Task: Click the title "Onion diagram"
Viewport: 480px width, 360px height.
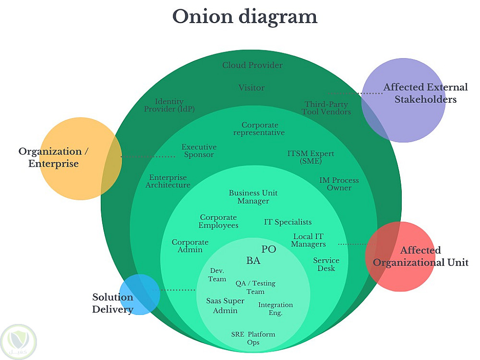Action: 245,17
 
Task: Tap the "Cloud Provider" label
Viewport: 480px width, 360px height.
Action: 252,65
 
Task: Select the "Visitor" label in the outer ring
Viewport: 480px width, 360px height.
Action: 252,88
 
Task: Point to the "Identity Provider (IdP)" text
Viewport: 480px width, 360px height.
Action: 169,105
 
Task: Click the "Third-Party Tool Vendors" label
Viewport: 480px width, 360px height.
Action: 326,108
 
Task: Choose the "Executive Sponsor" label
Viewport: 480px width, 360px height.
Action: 199,151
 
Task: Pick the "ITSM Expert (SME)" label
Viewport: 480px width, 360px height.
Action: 311,157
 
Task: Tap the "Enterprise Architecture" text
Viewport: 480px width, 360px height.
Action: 168,181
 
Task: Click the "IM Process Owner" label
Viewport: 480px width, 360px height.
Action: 339,184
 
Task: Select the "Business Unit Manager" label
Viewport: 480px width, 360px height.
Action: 253,197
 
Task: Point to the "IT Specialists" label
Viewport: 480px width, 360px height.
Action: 288,222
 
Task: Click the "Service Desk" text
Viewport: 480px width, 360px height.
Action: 326,264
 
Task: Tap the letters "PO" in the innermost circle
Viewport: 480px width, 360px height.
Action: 269,249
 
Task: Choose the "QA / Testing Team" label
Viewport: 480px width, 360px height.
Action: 255,287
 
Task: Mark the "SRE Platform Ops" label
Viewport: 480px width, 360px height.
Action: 253,338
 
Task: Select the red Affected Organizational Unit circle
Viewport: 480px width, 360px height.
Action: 400,256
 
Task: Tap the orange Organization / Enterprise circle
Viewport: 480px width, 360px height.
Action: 80,158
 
